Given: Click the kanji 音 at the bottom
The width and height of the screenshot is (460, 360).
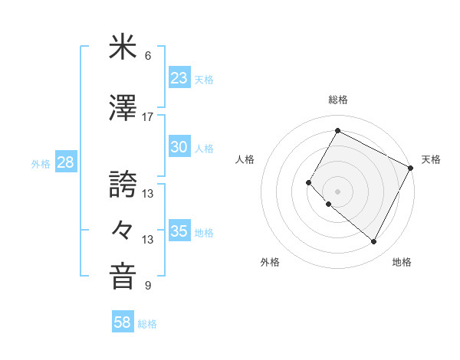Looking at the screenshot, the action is point(123,277).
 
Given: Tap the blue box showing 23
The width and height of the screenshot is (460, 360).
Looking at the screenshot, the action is point(179,78).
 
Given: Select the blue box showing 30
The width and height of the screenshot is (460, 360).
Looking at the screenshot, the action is point(179,148).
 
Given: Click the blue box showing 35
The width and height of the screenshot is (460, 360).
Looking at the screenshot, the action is point(179,231).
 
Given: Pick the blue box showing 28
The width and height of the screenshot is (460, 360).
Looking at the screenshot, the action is point(65,162).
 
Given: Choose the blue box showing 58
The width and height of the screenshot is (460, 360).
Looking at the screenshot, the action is point(123,323).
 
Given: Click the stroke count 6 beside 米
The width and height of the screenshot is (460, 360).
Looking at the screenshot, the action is point(148,56).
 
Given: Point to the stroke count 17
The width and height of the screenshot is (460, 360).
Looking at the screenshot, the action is point(148,117).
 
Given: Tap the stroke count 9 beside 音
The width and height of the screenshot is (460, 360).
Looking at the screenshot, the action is point(148,286).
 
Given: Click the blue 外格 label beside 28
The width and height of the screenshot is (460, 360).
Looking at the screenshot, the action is point(41,163).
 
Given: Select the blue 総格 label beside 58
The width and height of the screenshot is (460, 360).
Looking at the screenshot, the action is point(147,324).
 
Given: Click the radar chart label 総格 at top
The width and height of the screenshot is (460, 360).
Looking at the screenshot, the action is point(337,100).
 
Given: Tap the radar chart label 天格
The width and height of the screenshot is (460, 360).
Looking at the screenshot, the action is point(431,159).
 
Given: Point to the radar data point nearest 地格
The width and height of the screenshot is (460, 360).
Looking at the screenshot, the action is point(374,242).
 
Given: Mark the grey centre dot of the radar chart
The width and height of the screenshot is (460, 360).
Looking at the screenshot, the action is point(337,191).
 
